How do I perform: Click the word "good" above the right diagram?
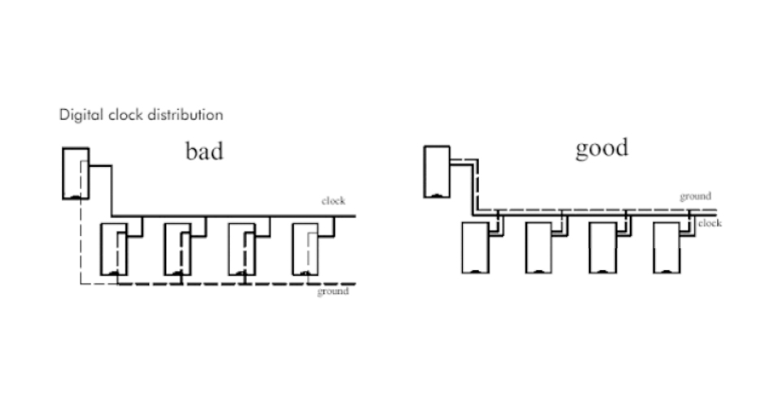tap(602, 149)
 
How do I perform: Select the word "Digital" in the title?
tap(79, 115)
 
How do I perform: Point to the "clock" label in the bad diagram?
tap(334, 201)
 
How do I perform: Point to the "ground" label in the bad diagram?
tap(332, 291)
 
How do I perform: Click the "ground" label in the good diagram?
tap(696, 196)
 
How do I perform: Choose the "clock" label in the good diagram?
tap(710, 222)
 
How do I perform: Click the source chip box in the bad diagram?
tap(77, 173)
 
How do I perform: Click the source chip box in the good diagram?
tap(437, 171)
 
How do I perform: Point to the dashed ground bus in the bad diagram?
tap(212, 284)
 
